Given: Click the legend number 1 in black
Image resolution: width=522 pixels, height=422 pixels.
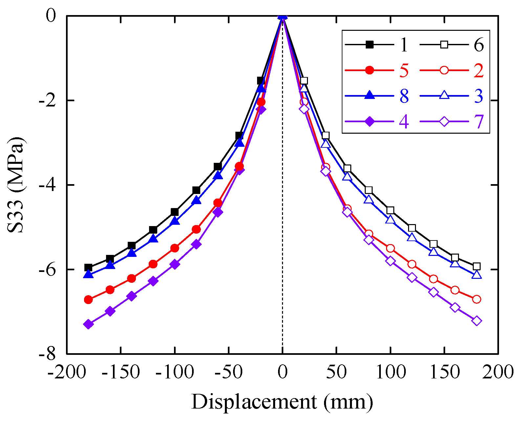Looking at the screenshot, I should coord(404,45).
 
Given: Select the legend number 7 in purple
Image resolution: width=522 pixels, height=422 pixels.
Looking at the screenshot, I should coord(479,122).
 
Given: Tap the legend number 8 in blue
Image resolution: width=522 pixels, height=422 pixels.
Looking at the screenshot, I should coord(404,96).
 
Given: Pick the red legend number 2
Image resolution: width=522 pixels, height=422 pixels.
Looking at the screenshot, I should coord(479,70).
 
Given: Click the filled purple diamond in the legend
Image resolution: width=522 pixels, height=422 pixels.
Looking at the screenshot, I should coord(370,122).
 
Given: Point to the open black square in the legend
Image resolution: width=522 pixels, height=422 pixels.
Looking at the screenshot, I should coord(444,45).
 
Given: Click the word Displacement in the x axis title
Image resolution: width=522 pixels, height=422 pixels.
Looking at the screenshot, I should coord(254,402).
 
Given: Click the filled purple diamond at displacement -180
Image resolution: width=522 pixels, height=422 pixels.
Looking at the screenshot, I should coord(88,324).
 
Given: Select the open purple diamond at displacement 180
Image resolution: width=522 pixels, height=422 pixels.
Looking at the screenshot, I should coord(477,321).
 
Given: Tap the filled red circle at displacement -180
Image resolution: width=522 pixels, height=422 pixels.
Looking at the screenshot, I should coord(88,299).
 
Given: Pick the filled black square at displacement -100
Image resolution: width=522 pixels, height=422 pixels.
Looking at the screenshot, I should coord(175,212).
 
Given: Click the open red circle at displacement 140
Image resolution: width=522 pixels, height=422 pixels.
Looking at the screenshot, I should coord(433,279).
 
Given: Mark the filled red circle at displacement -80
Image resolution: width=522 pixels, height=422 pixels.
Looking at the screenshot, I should coord(196,229).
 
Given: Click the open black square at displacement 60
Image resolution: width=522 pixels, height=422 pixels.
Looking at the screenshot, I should coord(347,168).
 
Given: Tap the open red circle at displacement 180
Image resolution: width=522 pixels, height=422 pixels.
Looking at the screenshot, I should coord(477,299).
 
